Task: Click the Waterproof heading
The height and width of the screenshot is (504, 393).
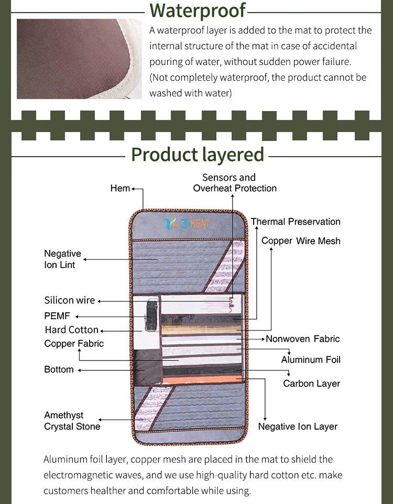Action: [x=197, y=10]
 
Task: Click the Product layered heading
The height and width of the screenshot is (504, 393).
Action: [x=198, y=155]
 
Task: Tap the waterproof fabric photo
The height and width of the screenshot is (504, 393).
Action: [x=79, y=59]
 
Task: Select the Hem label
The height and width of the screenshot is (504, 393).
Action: [x=120, y=188]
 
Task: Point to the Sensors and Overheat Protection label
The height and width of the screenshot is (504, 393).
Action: [x=235, y=183]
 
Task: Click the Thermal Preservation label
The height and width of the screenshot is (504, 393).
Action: [x=296, y=222]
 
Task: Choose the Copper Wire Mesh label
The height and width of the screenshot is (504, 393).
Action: [x=301, y=241]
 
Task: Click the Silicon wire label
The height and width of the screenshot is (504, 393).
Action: [x=70, y=300]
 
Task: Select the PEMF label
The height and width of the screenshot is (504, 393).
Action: [x=57, y=316]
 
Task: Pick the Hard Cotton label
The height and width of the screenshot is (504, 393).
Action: [x=71, y=330]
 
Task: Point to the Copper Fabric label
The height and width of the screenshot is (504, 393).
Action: [x=74, y=344]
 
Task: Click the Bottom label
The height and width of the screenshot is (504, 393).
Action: [x=59, y=369]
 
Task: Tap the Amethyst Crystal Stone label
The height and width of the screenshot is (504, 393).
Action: [x=72, y=421]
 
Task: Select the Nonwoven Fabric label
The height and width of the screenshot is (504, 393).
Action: [x=303, y=339]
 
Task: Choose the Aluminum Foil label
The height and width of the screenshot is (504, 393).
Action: [x=311, y=360]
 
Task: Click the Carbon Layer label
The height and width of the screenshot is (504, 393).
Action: [x=311, y=384]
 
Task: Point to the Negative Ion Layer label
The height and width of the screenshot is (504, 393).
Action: [x=298, y=426]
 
